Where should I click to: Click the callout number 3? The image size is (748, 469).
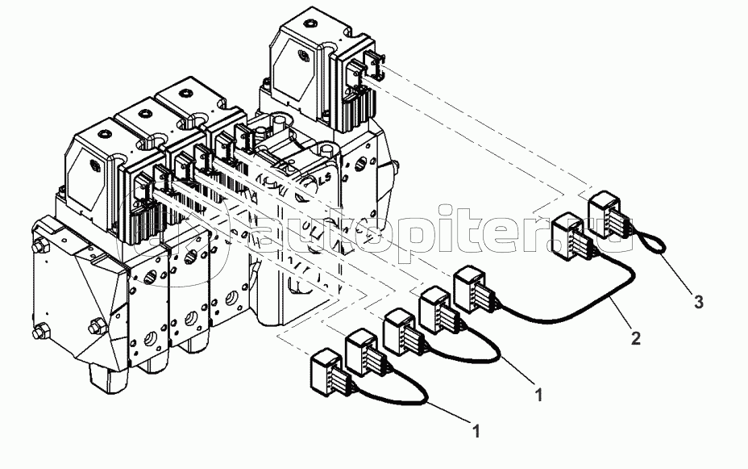[x=699, y=302]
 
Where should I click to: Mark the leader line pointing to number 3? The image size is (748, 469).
[x=677, y=274]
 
